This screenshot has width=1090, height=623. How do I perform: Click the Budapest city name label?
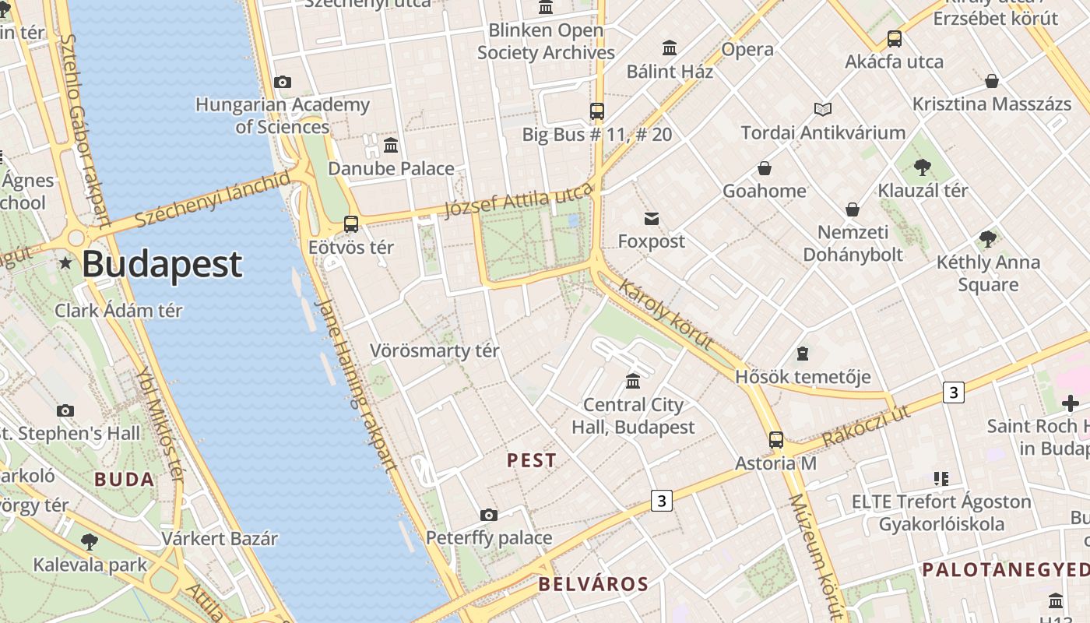point(162,264)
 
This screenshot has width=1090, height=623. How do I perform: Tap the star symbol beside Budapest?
point(66,264)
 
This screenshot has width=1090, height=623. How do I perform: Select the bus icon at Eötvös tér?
point(351,224)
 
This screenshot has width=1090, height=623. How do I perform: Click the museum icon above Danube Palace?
point(391,145)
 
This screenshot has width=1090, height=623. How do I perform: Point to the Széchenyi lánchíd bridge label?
point(212,199)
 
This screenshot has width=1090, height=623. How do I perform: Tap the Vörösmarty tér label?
point(434,350)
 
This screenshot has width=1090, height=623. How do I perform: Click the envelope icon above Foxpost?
point(652,219)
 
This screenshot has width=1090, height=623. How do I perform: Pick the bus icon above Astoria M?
point(776,440)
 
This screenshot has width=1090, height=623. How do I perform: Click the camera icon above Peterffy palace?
point(489,515)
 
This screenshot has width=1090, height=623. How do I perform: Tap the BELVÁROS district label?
point(593,584)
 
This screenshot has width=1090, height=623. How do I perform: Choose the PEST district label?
point(532,460)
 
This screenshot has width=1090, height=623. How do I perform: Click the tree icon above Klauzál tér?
point(923,167)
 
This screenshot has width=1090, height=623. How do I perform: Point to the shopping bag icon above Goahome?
point(765,168)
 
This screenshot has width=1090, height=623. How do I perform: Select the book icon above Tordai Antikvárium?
point(823,110)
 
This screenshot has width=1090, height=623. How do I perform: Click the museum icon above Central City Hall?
point(633,382)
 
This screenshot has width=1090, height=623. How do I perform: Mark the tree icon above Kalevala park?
point(90,541)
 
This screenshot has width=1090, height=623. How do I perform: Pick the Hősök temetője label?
point(803,377)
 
